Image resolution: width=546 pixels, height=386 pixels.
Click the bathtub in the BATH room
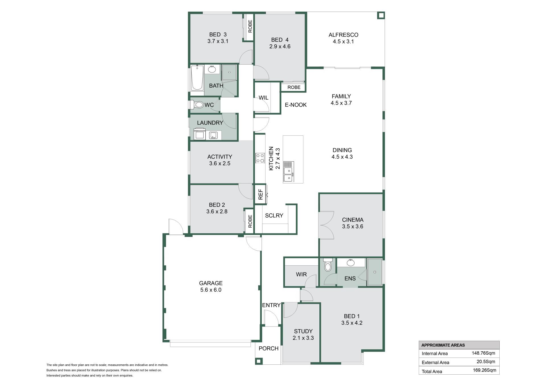tap(197, 78)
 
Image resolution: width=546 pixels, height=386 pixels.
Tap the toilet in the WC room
tap(197, 105)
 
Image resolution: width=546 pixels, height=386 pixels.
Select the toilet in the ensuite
tap(328, 265)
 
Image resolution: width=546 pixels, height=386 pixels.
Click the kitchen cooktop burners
tap(260, 158)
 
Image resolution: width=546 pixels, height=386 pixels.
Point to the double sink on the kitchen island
tap(288, 174)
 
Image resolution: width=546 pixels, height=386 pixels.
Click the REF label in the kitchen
tap(260, 194)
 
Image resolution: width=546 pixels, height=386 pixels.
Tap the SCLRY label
tap(274, 216)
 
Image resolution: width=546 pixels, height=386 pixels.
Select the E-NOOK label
tap(296, 105)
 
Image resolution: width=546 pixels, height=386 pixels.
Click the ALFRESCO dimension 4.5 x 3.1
tap(343, 42)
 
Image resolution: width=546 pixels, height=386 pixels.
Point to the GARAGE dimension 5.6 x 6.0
tap(211, 290)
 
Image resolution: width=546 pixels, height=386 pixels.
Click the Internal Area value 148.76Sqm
tap(483, 353)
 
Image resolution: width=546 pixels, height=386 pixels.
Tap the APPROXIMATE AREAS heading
tap(443, 345)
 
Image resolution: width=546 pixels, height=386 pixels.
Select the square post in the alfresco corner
tap(381, 15)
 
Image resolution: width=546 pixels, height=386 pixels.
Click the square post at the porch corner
tap(258, 361)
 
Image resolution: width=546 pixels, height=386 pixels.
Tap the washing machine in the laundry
tap(200, 134)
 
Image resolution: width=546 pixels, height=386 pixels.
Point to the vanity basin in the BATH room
tap(212, 69)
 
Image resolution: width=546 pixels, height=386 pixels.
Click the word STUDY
tap(303, 331)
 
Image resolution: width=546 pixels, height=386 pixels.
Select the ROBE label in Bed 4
tap(294, 87)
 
